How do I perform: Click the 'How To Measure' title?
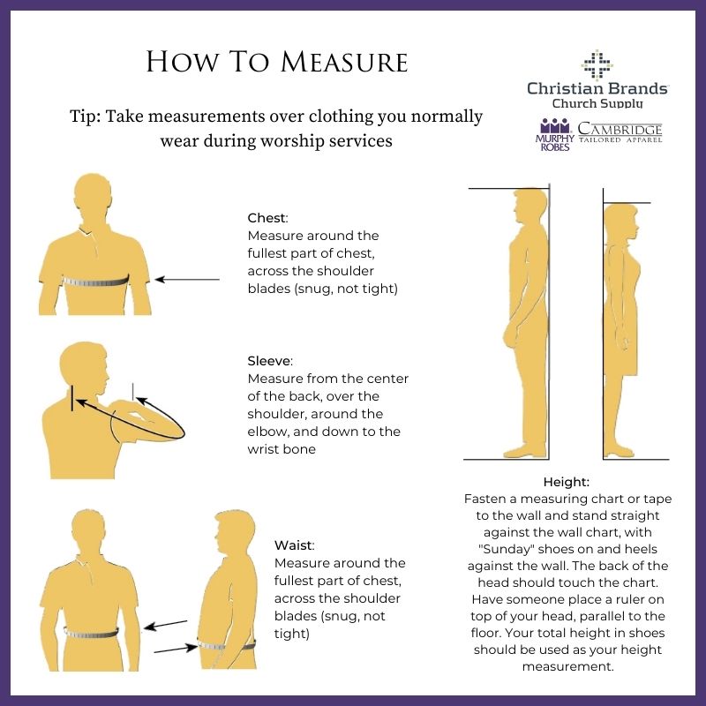click(277, 61)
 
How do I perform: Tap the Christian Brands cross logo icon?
click(597, 65)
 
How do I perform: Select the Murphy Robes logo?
click(555, 135)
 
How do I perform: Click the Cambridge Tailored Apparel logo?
click(620, 131)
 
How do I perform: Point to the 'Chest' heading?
click(267, 218)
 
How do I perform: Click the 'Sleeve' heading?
click(270, 361)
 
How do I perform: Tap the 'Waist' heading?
click(294, 545)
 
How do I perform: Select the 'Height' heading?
click(566, 482)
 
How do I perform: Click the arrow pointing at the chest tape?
click(187, 280)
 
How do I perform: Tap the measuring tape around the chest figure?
click(96, 282)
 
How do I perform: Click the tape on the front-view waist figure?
click(92, 633)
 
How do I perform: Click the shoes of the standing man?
click(525, 451)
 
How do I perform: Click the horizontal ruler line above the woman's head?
click(627, 203)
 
